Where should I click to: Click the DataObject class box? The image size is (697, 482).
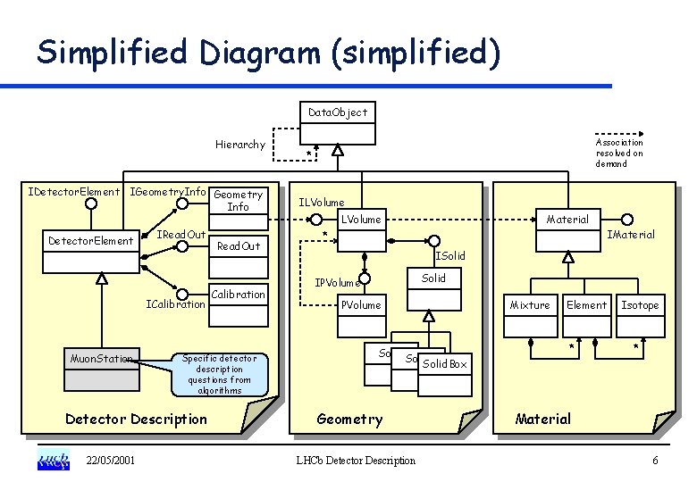(337, 121)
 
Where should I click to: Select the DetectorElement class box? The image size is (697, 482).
(92, 249)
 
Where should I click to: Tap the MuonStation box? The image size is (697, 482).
(102, 370)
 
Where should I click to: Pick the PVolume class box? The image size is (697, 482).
(362, 312)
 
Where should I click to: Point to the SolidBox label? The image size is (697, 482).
(445, 364)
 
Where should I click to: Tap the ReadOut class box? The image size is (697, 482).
(239, 254)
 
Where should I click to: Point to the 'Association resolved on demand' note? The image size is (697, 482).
(619, 153)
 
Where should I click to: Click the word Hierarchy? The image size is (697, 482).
(239, 145)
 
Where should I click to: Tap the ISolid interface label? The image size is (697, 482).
(449, 257)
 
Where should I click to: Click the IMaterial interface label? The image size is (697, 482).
(630, 235)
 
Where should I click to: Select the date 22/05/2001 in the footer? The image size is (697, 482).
(111, 461)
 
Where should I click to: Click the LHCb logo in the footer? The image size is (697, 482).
(53, 461)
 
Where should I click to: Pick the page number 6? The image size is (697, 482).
(655, 461)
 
